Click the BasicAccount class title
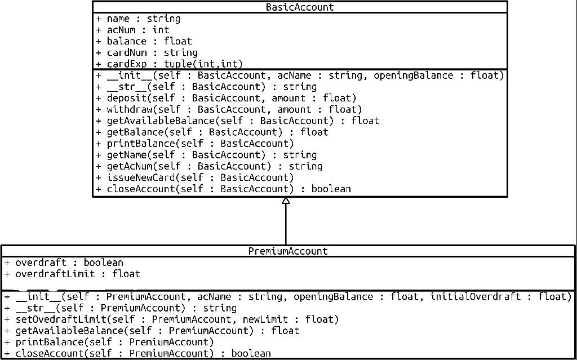[x=300, y=7]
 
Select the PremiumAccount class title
[x=288, y=251]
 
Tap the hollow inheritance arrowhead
[x=286, y=201]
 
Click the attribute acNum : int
[x=137, y=30]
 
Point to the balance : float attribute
[x=149, y=41]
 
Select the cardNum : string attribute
[x=152, y=52]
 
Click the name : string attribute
[x=143, y=19]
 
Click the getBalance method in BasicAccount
[x=217, y=132]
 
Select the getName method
[x=211, y=155]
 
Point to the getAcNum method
[x=214, y=166]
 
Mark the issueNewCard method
[x=200, y=177]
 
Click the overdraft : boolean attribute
[x=69, y=263]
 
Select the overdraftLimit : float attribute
[x=77, y=274]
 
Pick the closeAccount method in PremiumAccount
[x=143, y=354]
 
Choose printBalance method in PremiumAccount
[x=114, y=342]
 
